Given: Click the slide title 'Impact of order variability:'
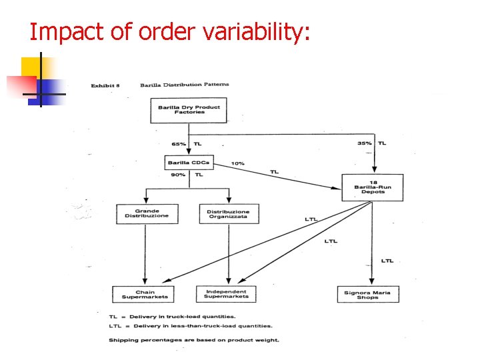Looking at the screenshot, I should coord(170,31).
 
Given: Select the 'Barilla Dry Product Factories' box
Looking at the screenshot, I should coord(189,110).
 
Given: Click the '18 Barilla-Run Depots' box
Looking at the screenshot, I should coord(373,187).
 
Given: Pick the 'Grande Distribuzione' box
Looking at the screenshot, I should coord(147,213).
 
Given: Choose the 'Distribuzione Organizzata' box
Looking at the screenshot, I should coord(229,213).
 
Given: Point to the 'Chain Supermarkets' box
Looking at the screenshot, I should coord(145,294).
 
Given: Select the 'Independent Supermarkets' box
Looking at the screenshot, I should coord(226,294).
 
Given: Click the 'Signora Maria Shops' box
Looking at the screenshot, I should coord(367,294).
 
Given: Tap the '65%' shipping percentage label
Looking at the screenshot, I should coord(178,143).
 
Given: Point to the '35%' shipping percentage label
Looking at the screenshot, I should coord(364,143).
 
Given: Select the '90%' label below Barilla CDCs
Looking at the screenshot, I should coord(178,175).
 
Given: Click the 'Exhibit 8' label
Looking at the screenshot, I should coord(105,85).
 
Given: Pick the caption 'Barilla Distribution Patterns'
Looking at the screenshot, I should coord(184,85).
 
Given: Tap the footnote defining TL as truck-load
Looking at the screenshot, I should coord(172,316).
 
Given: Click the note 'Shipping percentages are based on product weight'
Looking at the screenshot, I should coord(193,340).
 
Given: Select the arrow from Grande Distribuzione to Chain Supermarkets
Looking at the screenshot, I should coord(145,253).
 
